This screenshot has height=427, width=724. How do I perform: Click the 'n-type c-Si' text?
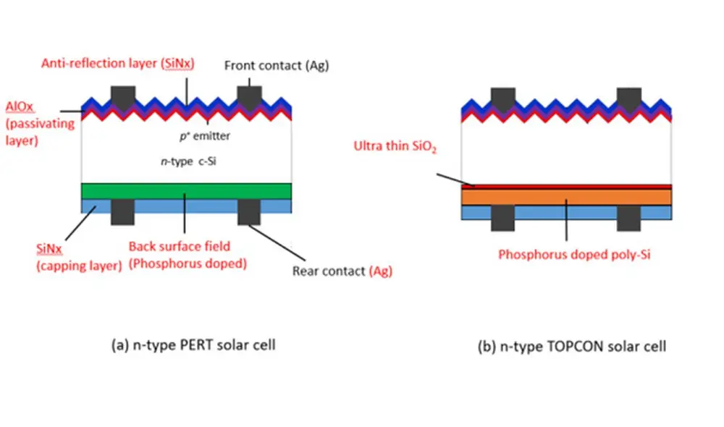186,162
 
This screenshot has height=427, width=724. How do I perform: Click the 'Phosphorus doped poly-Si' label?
565,254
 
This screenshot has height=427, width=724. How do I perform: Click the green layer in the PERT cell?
187,191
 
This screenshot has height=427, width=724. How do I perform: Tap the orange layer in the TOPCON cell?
566,197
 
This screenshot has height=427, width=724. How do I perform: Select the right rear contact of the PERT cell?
249,211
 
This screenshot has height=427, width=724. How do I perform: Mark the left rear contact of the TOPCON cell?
502,217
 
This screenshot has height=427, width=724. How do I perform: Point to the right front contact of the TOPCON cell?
628,98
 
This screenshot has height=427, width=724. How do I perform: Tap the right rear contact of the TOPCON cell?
628,217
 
